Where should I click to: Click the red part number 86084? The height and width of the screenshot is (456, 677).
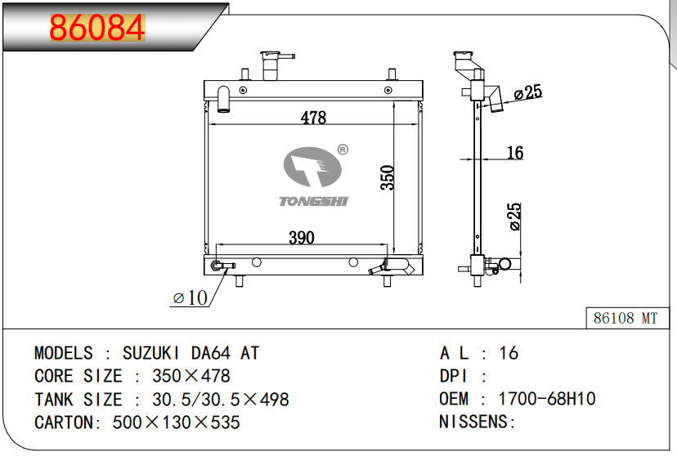[97, 28]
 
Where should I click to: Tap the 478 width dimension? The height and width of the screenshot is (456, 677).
[313, 118]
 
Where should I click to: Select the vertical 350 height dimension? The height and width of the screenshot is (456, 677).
[388, 177]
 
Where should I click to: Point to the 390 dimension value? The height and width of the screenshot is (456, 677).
[302, 237]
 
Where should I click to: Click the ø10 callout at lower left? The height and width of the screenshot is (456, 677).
[190, 297]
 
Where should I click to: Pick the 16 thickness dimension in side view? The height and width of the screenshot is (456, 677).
[514, 152]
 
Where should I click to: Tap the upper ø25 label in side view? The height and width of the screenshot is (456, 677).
[528, 92]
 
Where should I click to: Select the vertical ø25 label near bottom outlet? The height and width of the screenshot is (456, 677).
[515, 217]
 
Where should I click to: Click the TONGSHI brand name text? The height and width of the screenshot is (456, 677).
[313, 202]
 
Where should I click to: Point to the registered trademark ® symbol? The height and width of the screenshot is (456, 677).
[343, 150]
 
